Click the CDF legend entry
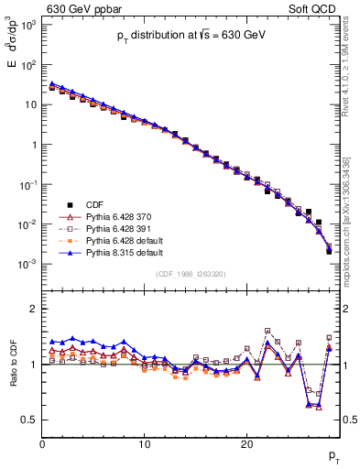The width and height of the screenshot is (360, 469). coord(94,203)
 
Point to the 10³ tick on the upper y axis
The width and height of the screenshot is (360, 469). coord(29,25)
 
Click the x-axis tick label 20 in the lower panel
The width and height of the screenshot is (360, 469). coord(245,445)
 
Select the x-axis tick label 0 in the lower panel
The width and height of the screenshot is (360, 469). coord(42,445)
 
